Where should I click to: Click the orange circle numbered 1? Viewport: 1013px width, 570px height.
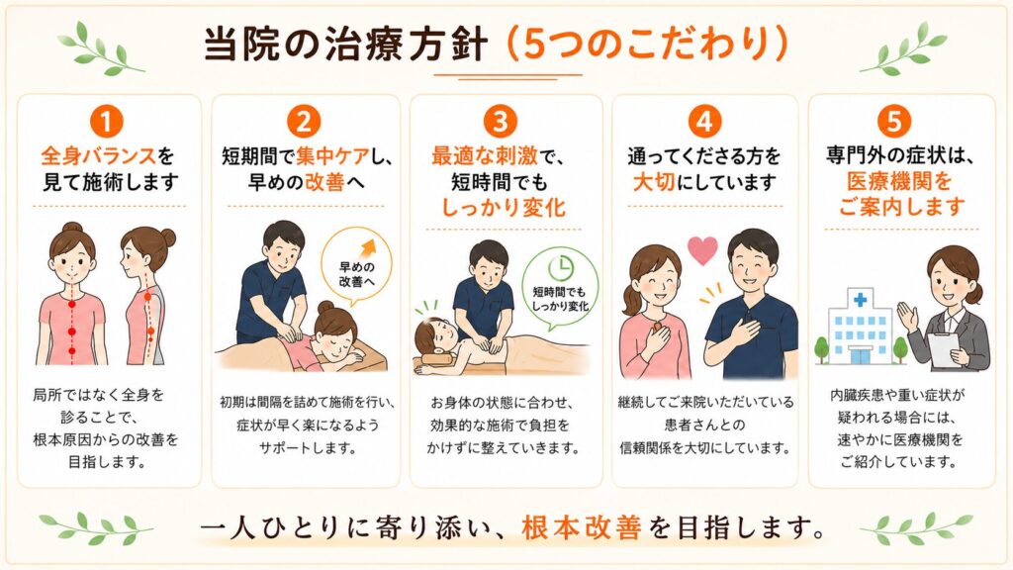(107, 121)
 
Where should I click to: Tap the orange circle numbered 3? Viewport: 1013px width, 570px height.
(500, 121)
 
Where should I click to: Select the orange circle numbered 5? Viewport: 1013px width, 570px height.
(894, 121)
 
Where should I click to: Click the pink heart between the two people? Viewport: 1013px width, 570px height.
(702, 250)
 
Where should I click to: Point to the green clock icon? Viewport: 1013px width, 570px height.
(561, 267)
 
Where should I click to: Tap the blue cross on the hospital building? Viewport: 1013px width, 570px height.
(860, 300)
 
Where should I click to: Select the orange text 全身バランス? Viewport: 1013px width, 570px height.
(99, 155)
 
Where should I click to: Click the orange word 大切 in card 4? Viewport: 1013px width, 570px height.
(654, 182)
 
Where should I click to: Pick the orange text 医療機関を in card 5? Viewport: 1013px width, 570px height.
(899, 182)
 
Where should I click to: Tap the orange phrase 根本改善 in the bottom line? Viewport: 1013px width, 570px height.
(582, 528)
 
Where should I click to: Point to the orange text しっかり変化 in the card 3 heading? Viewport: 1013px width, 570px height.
(504, 208)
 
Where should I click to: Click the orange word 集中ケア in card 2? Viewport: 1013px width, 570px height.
(332, 156)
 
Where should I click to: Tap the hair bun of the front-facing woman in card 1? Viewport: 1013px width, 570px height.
(72, 227)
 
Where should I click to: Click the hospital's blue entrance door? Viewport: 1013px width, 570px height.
(860, 355)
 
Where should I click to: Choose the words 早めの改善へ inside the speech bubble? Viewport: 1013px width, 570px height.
(356, 275)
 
